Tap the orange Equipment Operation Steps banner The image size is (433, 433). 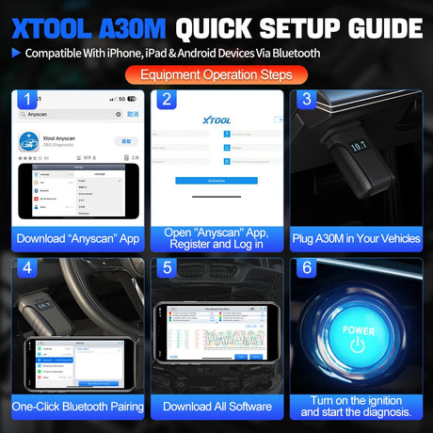point(216,73)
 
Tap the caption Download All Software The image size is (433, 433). point(216,407)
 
